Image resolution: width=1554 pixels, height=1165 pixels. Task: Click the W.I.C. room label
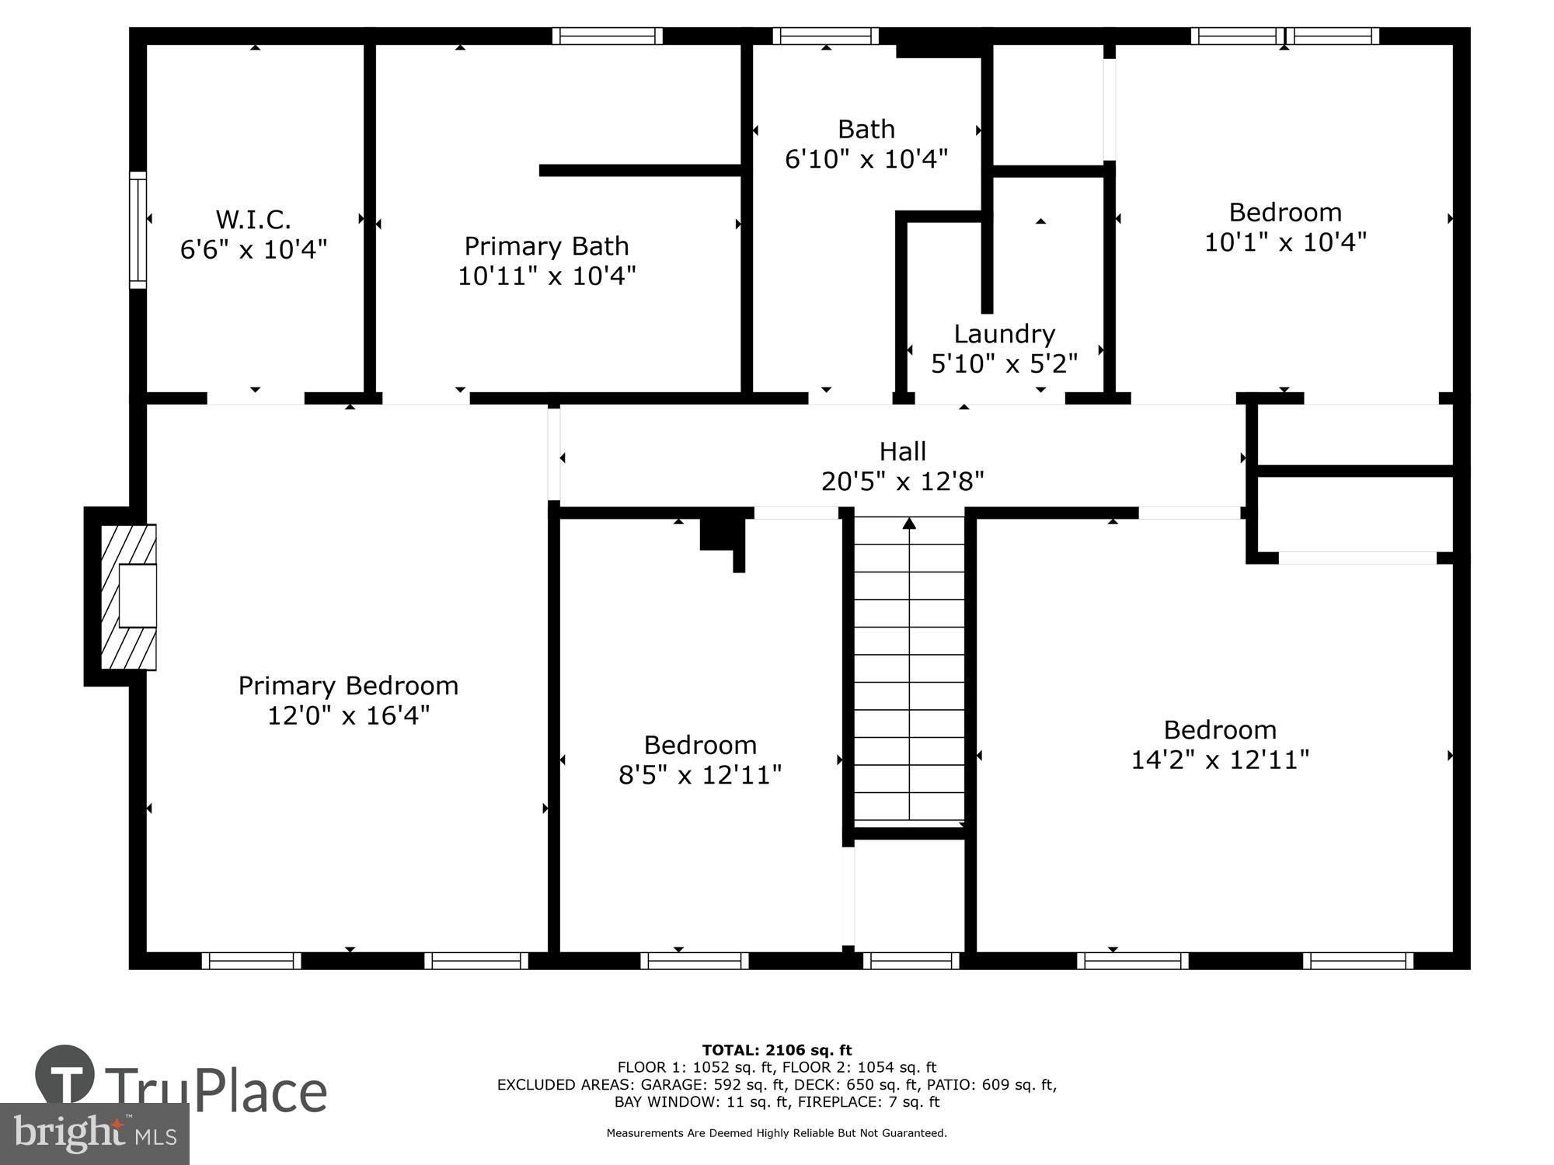coord(253,220)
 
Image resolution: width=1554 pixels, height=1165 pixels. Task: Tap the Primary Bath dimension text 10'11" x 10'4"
coord(546,276)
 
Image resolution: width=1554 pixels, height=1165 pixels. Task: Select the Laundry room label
coord(1004,334)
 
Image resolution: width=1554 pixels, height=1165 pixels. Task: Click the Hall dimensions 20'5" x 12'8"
coord(902,482)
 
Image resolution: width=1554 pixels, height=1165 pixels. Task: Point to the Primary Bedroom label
coord(348,686)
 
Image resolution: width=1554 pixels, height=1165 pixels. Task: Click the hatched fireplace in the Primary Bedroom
coord(128,596)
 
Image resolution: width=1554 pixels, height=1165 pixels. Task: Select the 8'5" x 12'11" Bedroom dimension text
coord(699,775)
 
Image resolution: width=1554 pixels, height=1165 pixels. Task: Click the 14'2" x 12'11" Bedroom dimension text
coord(1219,760)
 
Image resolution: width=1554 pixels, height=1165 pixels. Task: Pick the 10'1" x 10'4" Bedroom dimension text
coord(1284,242)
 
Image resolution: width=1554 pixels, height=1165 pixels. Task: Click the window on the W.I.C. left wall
coord(138,229)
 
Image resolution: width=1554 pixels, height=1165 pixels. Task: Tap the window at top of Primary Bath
coord(607,36)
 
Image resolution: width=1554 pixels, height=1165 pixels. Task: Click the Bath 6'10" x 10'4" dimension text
coord(866,159)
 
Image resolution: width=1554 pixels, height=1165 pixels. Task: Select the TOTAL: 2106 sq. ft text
coord(776,1050)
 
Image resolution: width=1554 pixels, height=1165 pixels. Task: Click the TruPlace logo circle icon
coord(65,1075)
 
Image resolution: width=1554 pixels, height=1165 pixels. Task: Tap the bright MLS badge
coord(94,1135)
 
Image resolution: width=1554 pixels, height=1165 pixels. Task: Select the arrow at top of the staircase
coord(909,524)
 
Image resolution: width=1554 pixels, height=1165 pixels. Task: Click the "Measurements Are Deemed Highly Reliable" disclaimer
coord(776,1133)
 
